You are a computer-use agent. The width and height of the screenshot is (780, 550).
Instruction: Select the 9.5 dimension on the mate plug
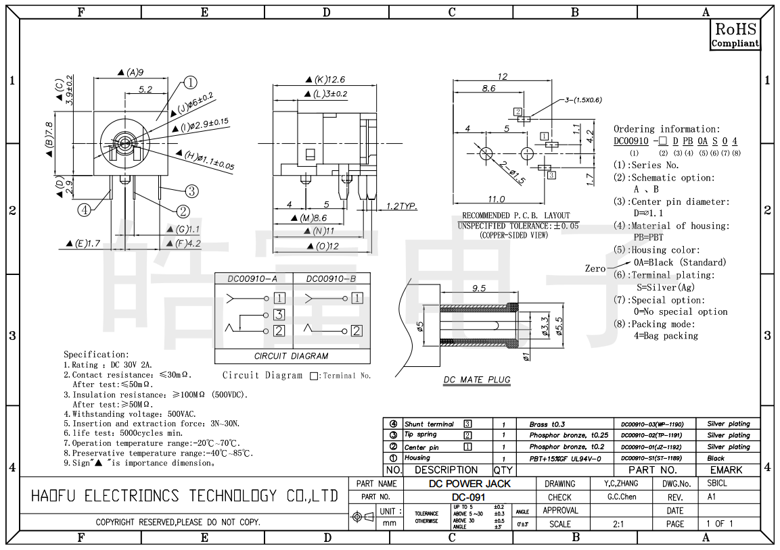(479, 289)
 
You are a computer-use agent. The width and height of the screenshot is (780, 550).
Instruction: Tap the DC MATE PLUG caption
(476, 380)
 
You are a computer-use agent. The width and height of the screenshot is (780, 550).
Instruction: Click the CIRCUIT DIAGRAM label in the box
(291, 356)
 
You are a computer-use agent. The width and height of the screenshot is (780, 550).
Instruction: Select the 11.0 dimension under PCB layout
(497, 199)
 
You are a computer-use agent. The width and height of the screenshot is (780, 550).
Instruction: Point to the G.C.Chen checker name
(622, 497)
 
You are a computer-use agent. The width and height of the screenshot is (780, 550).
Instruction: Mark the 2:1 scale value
(618, 524)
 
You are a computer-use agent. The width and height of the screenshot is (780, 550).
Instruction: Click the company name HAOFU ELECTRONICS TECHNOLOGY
(184, 496)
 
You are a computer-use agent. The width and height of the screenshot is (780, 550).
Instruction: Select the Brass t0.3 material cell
(547, 424)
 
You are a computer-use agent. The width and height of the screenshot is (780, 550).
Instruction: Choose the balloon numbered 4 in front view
(84, 210)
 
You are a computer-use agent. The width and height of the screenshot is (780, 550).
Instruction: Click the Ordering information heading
(666, 129)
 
